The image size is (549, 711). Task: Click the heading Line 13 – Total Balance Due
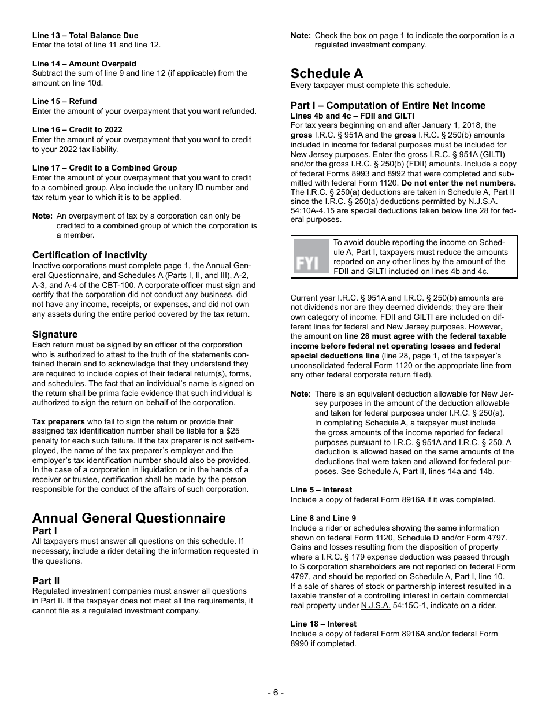85,35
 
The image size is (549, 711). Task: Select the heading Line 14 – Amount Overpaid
84,64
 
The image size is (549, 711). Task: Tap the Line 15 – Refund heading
64,101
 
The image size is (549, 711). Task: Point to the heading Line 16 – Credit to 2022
77,129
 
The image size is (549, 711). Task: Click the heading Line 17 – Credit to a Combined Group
105,168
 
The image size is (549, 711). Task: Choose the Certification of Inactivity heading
90,255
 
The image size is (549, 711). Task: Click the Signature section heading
55,334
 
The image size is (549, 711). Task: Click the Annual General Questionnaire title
129,517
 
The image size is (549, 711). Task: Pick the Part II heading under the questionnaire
46,580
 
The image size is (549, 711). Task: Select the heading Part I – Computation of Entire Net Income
388,105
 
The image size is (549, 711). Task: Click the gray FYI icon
311,257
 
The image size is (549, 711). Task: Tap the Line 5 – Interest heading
321,490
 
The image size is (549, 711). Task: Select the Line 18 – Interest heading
323,624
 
